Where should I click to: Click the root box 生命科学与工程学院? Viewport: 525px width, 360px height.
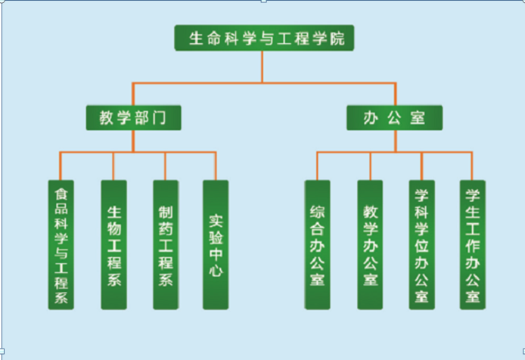(x=262, y=39)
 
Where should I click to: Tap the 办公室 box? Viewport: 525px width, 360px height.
(x=394, y=118)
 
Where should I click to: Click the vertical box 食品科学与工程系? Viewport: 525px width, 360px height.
(x=61, y=244)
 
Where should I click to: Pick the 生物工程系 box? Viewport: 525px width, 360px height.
(x=113, y=244)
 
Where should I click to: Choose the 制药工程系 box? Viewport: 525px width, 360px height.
(x=165, y=244)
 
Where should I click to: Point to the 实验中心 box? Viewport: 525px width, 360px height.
(x=216, y=244)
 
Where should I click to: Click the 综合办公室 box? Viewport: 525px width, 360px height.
(x=318, y=244)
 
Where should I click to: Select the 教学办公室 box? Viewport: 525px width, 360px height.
(x=370, y=244)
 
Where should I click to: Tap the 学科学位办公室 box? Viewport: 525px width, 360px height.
(x=421, y=244)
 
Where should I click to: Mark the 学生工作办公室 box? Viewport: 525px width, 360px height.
(x=473, y=244)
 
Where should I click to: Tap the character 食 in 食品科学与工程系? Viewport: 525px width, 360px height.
(x=61, y=192)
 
